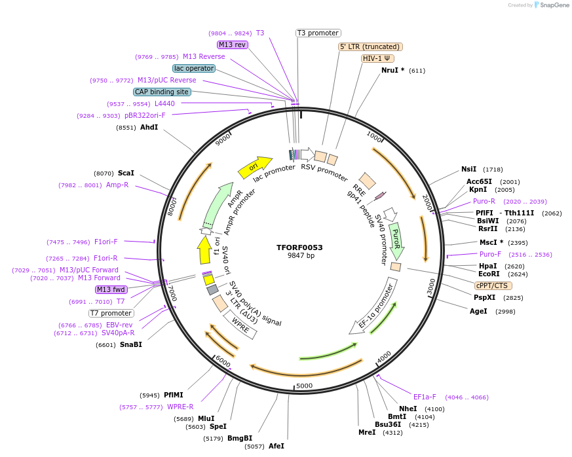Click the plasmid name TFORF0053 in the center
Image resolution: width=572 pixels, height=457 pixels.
click(299, 247)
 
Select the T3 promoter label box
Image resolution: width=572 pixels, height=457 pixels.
click(318, 33)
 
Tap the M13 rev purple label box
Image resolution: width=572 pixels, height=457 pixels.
click(233, 45)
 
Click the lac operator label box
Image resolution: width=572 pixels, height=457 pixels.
click(194, 68)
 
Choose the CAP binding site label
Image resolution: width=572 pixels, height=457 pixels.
click(162, 92)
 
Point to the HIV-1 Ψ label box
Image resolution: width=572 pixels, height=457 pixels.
click(377, 58)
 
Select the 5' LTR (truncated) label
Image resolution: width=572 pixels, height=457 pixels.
click(370, 46)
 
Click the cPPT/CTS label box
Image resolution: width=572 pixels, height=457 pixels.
click(493, 285)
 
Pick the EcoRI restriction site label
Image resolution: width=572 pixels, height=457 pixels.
click(489, 274)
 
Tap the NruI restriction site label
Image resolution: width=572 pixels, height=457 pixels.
click(392, 70)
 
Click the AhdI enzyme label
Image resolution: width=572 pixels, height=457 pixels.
click(149, 127)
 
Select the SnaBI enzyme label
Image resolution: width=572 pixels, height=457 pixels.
click(130, 344)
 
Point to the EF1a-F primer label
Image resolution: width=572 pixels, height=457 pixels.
click(425, 397)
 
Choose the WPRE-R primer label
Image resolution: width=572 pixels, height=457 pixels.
click(180, 407)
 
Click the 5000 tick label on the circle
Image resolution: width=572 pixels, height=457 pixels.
click(304, 386)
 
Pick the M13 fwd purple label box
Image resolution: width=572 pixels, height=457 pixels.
click(111, 289)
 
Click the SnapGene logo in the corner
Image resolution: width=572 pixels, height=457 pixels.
click(550, 5)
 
